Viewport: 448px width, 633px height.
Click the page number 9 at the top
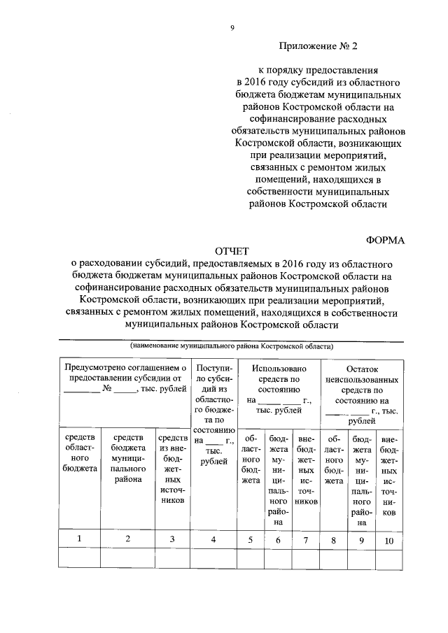232,28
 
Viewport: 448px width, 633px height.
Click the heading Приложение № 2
318,48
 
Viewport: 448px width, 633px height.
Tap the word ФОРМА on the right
386,240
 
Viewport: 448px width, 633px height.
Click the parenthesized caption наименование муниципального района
231,346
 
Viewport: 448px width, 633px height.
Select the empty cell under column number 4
213,558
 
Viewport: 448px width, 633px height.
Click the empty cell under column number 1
79,558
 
